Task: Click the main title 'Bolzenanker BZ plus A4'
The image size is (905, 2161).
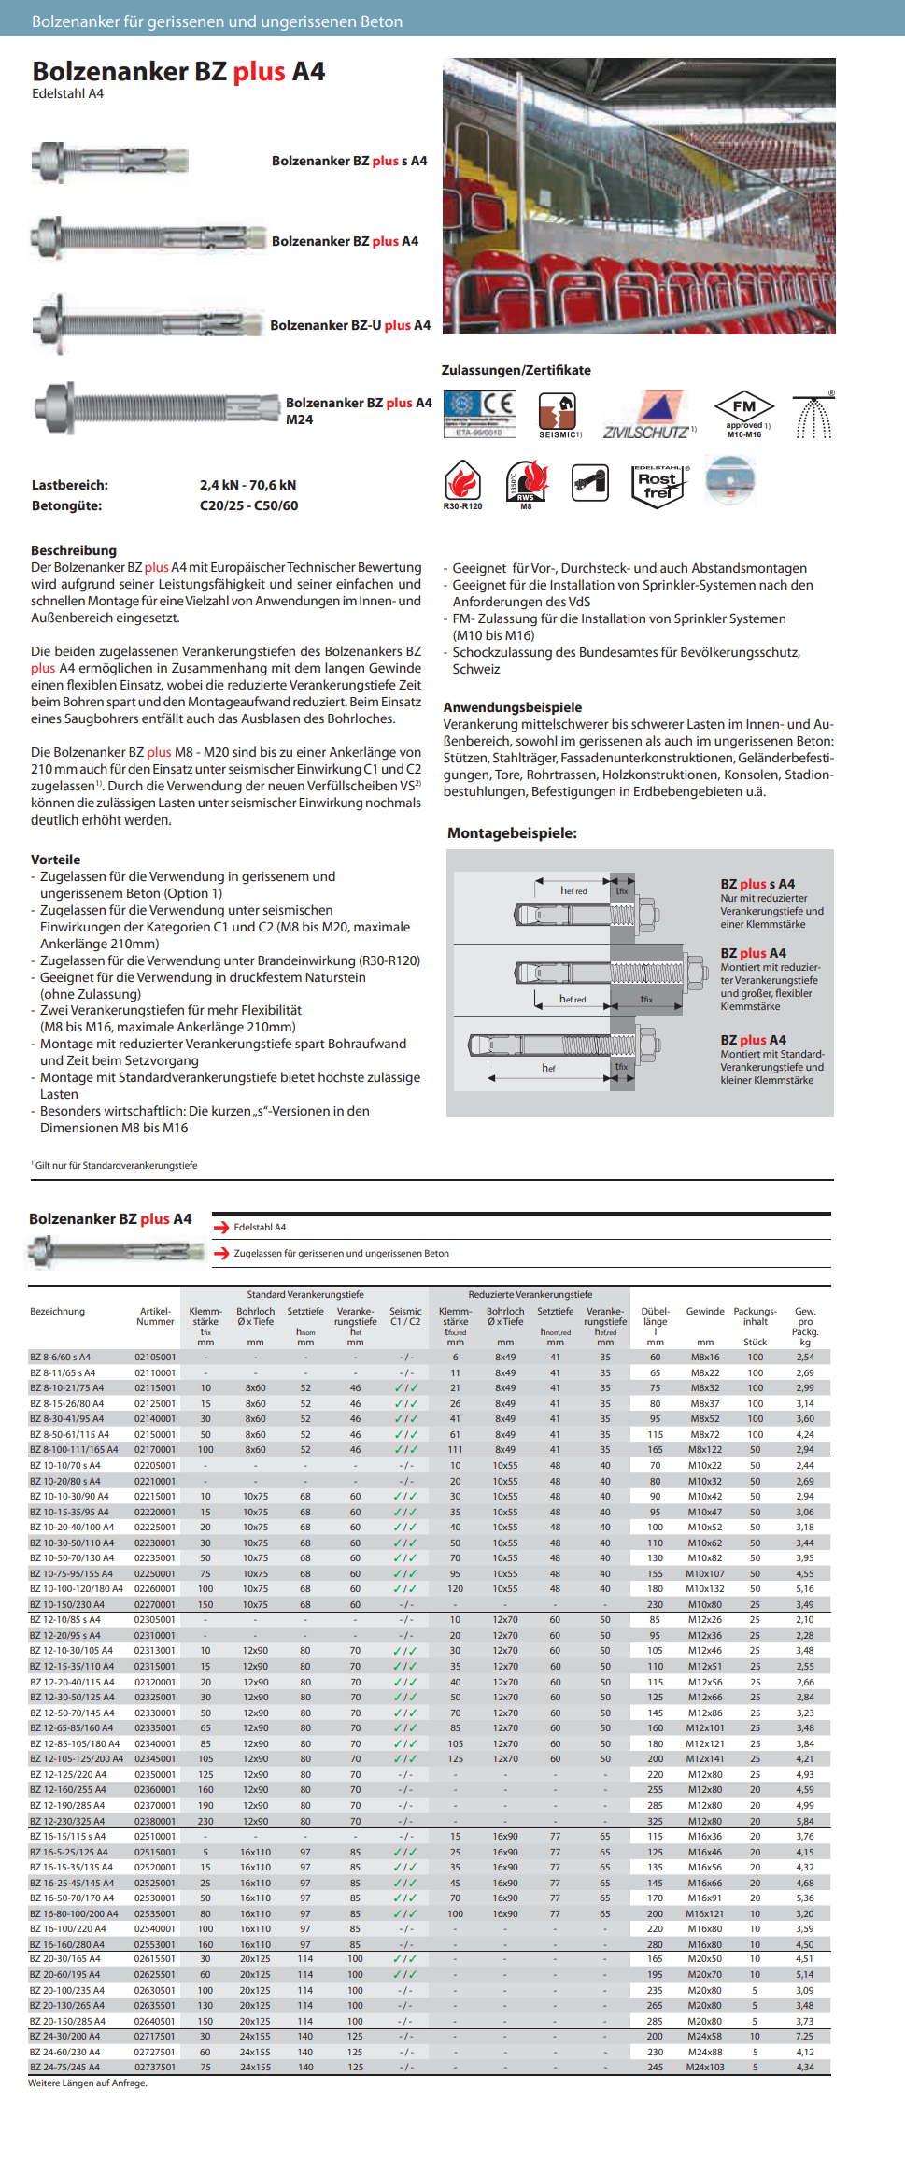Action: coord(178,72)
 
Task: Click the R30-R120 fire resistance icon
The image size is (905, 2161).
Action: coord(462,483)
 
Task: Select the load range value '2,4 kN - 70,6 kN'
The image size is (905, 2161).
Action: coord(247,485)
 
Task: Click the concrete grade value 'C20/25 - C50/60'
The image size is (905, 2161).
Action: coord(248,505)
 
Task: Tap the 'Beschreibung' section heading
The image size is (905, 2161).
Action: coord(74,550)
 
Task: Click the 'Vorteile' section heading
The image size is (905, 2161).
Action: coord(56,860)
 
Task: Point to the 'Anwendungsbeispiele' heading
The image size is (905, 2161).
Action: coord(513,707)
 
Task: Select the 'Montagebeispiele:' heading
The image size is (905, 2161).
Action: coord(512,832)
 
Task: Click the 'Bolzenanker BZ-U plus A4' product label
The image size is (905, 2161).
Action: coord(350,325)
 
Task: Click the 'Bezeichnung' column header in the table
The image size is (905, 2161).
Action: coord(57,1311)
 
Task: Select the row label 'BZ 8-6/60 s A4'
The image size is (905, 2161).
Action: coord(60,1357)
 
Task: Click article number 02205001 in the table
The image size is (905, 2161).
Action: coord(155,1465)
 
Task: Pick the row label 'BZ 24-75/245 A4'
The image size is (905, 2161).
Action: coord(64,2067)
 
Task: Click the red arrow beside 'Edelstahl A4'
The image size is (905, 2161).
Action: coord(221,1227)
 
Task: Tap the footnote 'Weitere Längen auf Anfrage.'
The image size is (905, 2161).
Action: coord(88,2083)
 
